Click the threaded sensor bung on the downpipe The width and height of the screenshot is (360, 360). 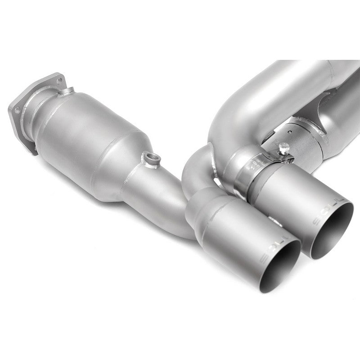(149, 158)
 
